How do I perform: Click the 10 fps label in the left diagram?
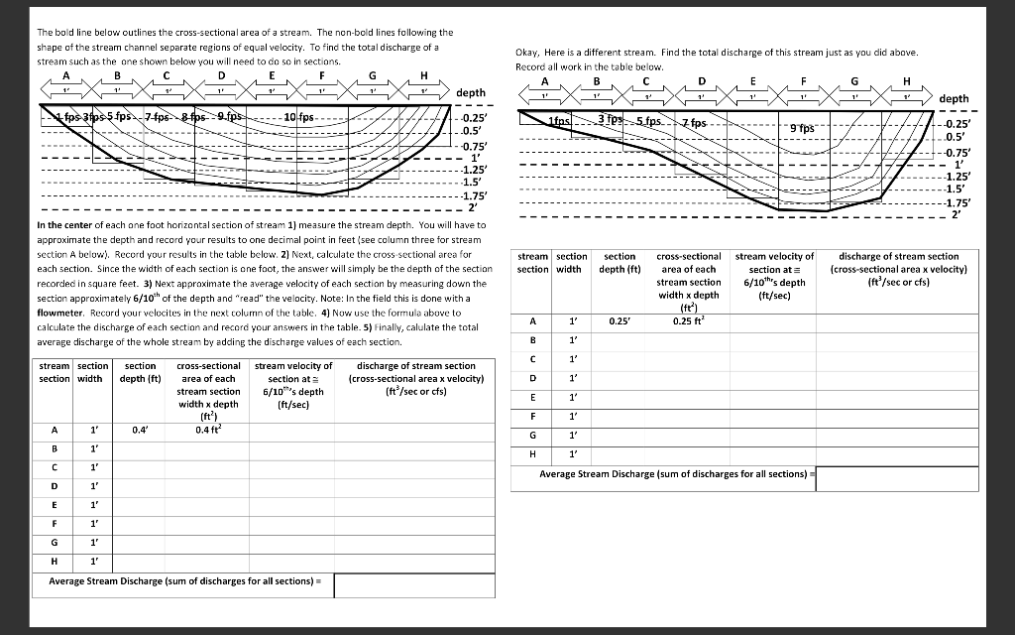coord(298,118)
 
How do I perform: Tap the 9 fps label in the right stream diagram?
coord(800,128)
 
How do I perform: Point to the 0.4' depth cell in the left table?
coord(140,430)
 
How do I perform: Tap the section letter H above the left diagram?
coord(424,75)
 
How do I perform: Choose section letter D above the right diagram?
coord(702,81)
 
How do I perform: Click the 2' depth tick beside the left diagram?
coord(472,207)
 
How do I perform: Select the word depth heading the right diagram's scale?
coord(954,99)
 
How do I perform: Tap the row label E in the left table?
coord(54,504)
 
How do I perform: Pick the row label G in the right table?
coord(533,436)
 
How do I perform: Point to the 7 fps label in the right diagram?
coord(693,123)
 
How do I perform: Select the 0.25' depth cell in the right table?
coord(619,320)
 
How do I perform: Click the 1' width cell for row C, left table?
coord(94,467)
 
